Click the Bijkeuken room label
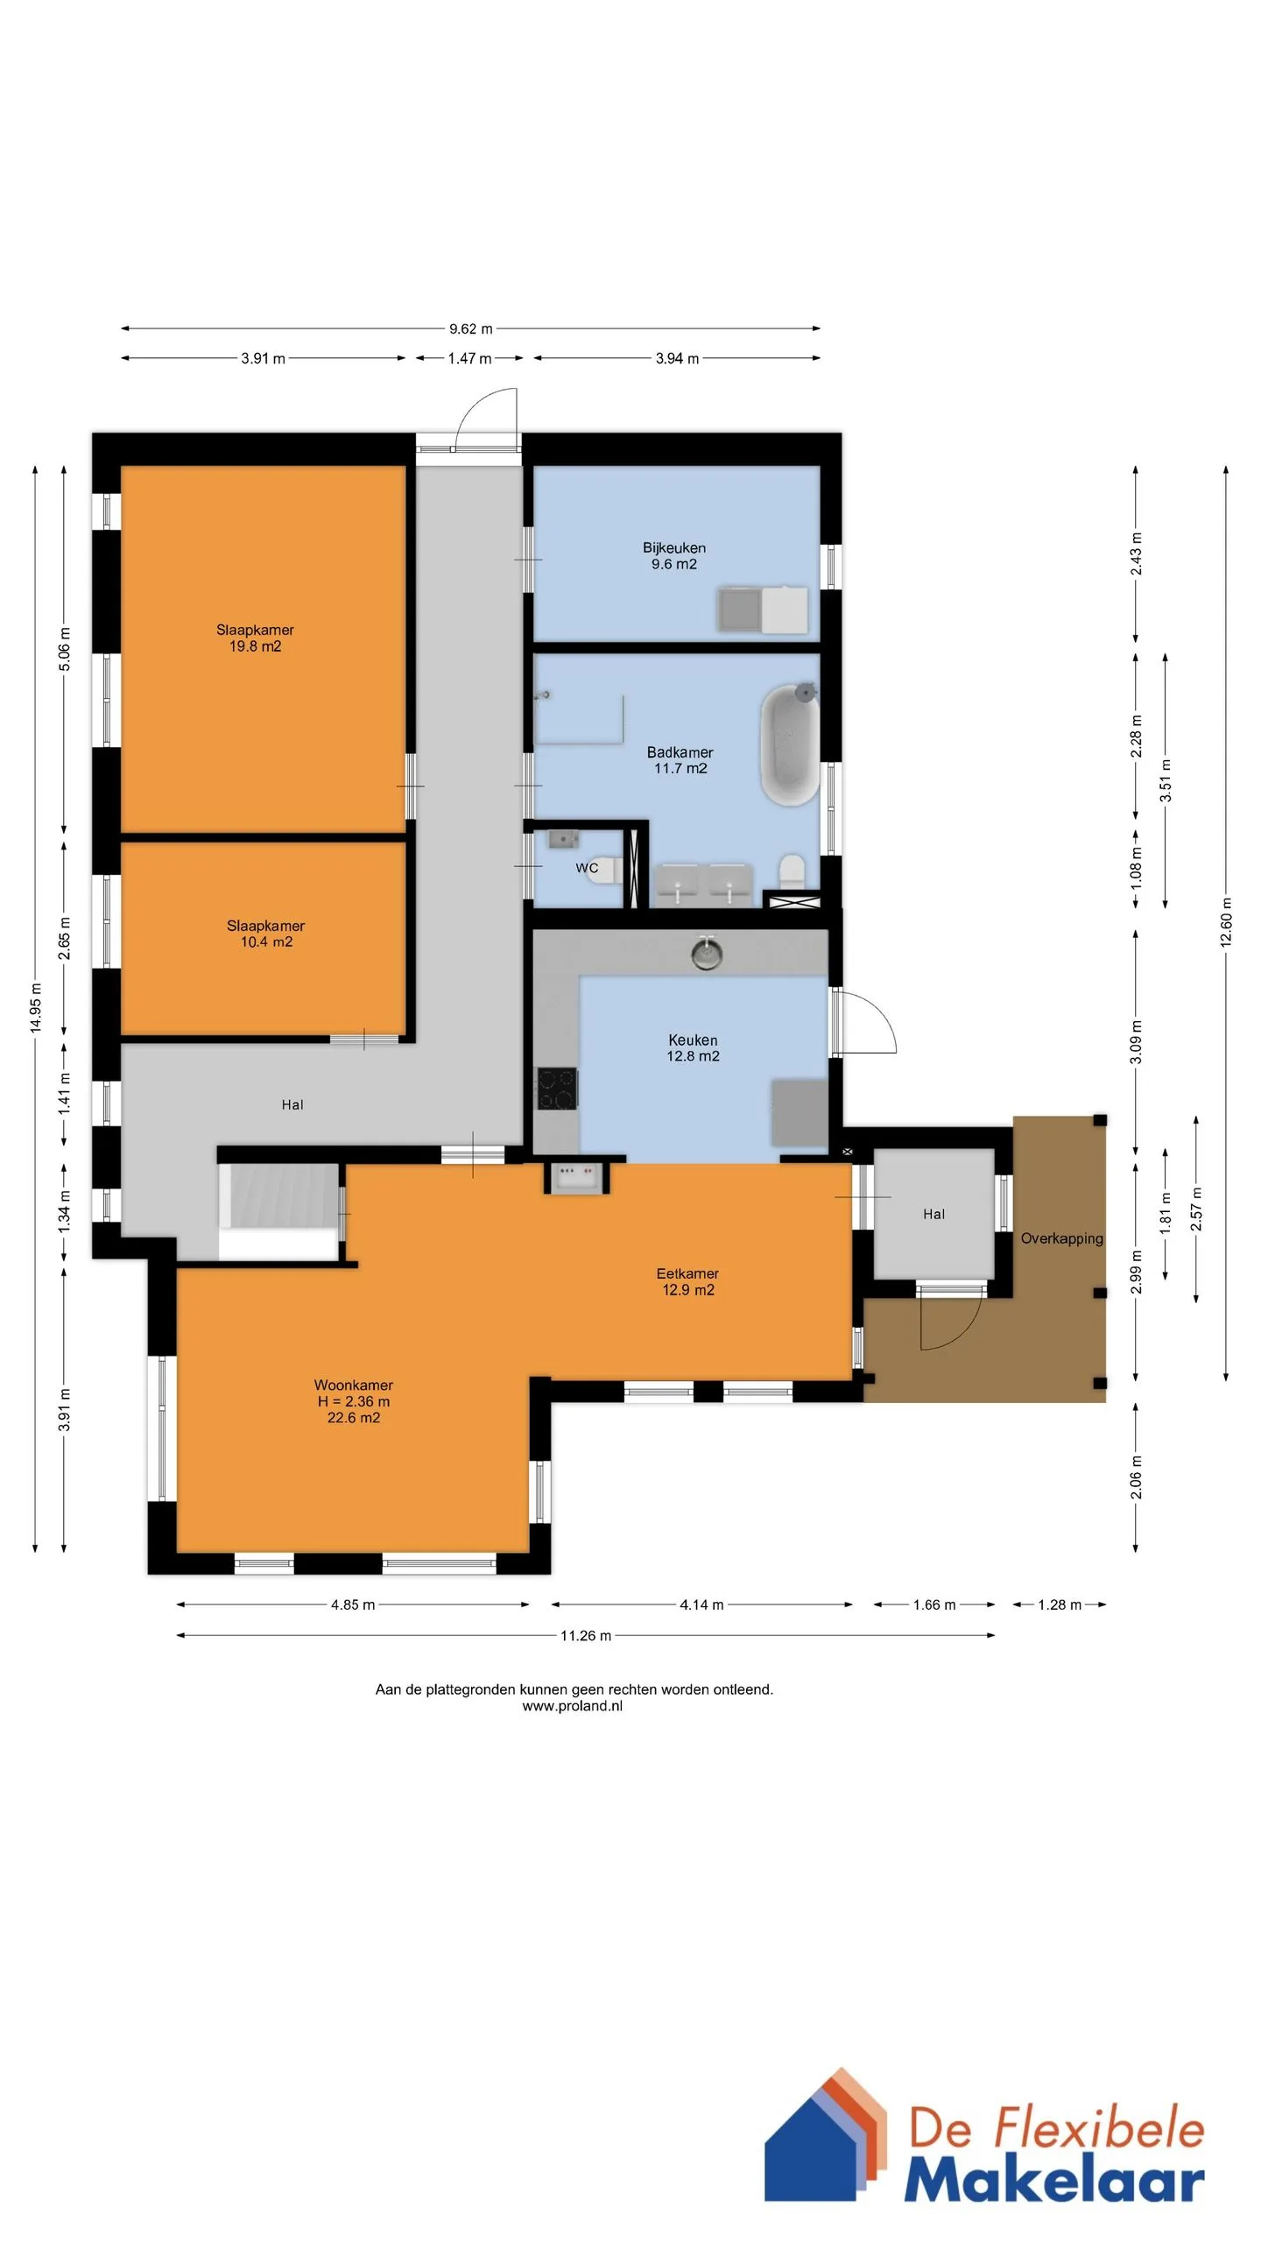click(674, 548)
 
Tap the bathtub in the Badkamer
click(790, 744)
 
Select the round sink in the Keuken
click(707, 953)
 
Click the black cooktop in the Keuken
click(557, 1089)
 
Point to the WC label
click(587, 868)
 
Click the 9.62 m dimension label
click(471, 329)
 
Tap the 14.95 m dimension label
click(36, 1009)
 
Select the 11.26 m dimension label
click(586, 1635)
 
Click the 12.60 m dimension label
click(1226, 922)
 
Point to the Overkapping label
click(1061, 1238)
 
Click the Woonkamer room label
click(354, 1385)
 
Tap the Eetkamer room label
click(687, 1273)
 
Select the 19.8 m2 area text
click(255, 646)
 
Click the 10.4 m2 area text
click(266, 942)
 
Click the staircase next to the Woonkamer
click(278, 1212)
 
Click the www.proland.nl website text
click(572, 1706)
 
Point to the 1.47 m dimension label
click(469, 358)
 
